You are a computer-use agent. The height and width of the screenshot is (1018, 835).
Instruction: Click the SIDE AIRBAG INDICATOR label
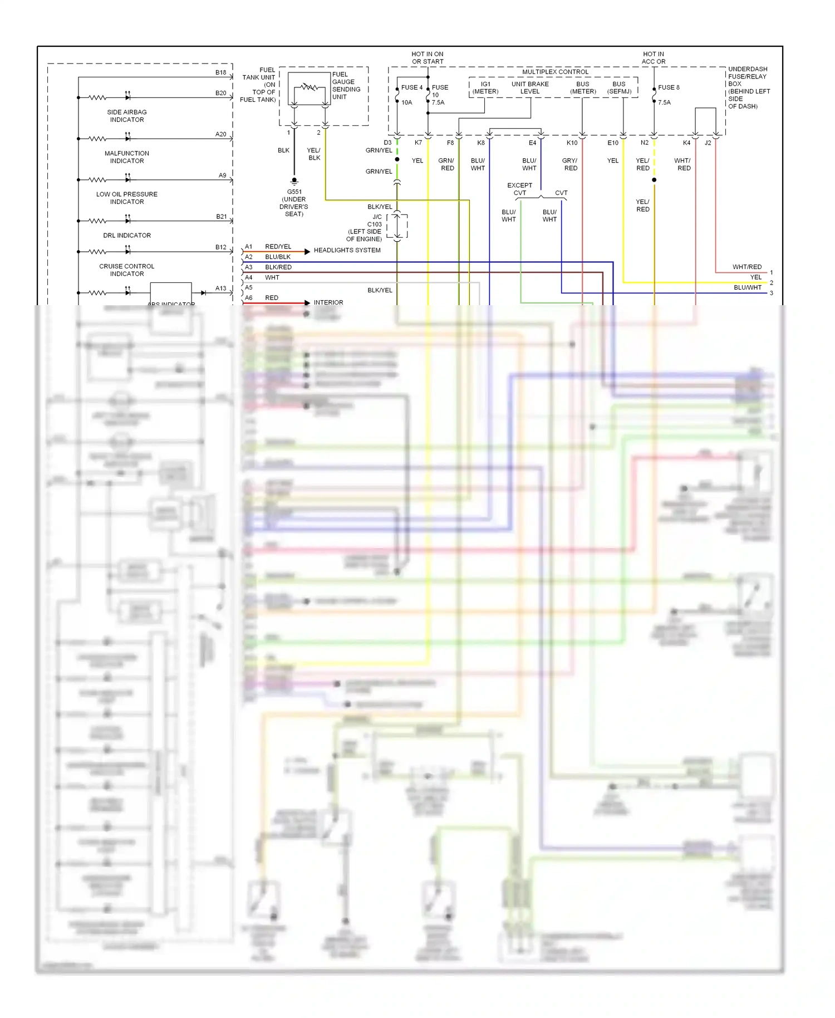(x=127, y=116)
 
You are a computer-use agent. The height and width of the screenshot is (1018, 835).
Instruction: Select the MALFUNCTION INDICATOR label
(x=127, y=157)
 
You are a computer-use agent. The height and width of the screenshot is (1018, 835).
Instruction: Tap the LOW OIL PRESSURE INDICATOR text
(x=127, y=198)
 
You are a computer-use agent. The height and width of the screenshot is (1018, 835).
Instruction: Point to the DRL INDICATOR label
(x=127, y=236)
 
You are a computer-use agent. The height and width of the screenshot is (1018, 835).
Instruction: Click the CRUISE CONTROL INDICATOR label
(x=127, y=270)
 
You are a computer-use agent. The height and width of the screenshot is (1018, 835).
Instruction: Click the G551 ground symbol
(x=294, y=181)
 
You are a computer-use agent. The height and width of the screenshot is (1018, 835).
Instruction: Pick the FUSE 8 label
(x=669, y=87)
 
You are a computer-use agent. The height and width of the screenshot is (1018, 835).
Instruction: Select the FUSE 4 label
(x=411, y=87)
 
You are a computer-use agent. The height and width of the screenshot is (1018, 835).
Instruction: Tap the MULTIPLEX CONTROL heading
(x=555, y=72)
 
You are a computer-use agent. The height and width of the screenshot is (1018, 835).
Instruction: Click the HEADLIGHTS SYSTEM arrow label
(x=347, y=251)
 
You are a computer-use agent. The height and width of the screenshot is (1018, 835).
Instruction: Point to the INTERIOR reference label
(x=328, y=302)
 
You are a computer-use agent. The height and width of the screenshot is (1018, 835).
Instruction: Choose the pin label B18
(x=221, y=72)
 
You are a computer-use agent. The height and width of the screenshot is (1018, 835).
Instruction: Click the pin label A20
(x=221, y=134)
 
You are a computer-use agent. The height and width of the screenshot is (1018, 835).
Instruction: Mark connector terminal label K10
(x=572, y=143)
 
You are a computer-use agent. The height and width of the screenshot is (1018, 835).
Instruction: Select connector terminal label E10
(x=613, y=143)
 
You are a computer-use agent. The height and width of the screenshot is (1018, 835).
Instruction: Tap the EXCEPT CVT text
(x=519, y=189)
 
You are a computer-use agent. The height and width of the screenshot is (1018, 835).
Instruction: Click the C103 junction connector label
(x=375, y=224)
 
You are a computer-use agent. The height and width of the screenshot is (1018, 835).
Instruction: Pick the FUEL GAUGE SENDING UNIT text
(x=346, y=86)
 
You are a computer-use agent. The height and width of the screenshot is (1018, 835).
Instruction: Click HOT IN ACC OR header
(x=654, y=58)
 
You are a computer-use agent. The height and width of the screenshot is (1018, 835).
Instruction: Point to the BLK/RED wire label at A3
(x=278, y=267)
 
